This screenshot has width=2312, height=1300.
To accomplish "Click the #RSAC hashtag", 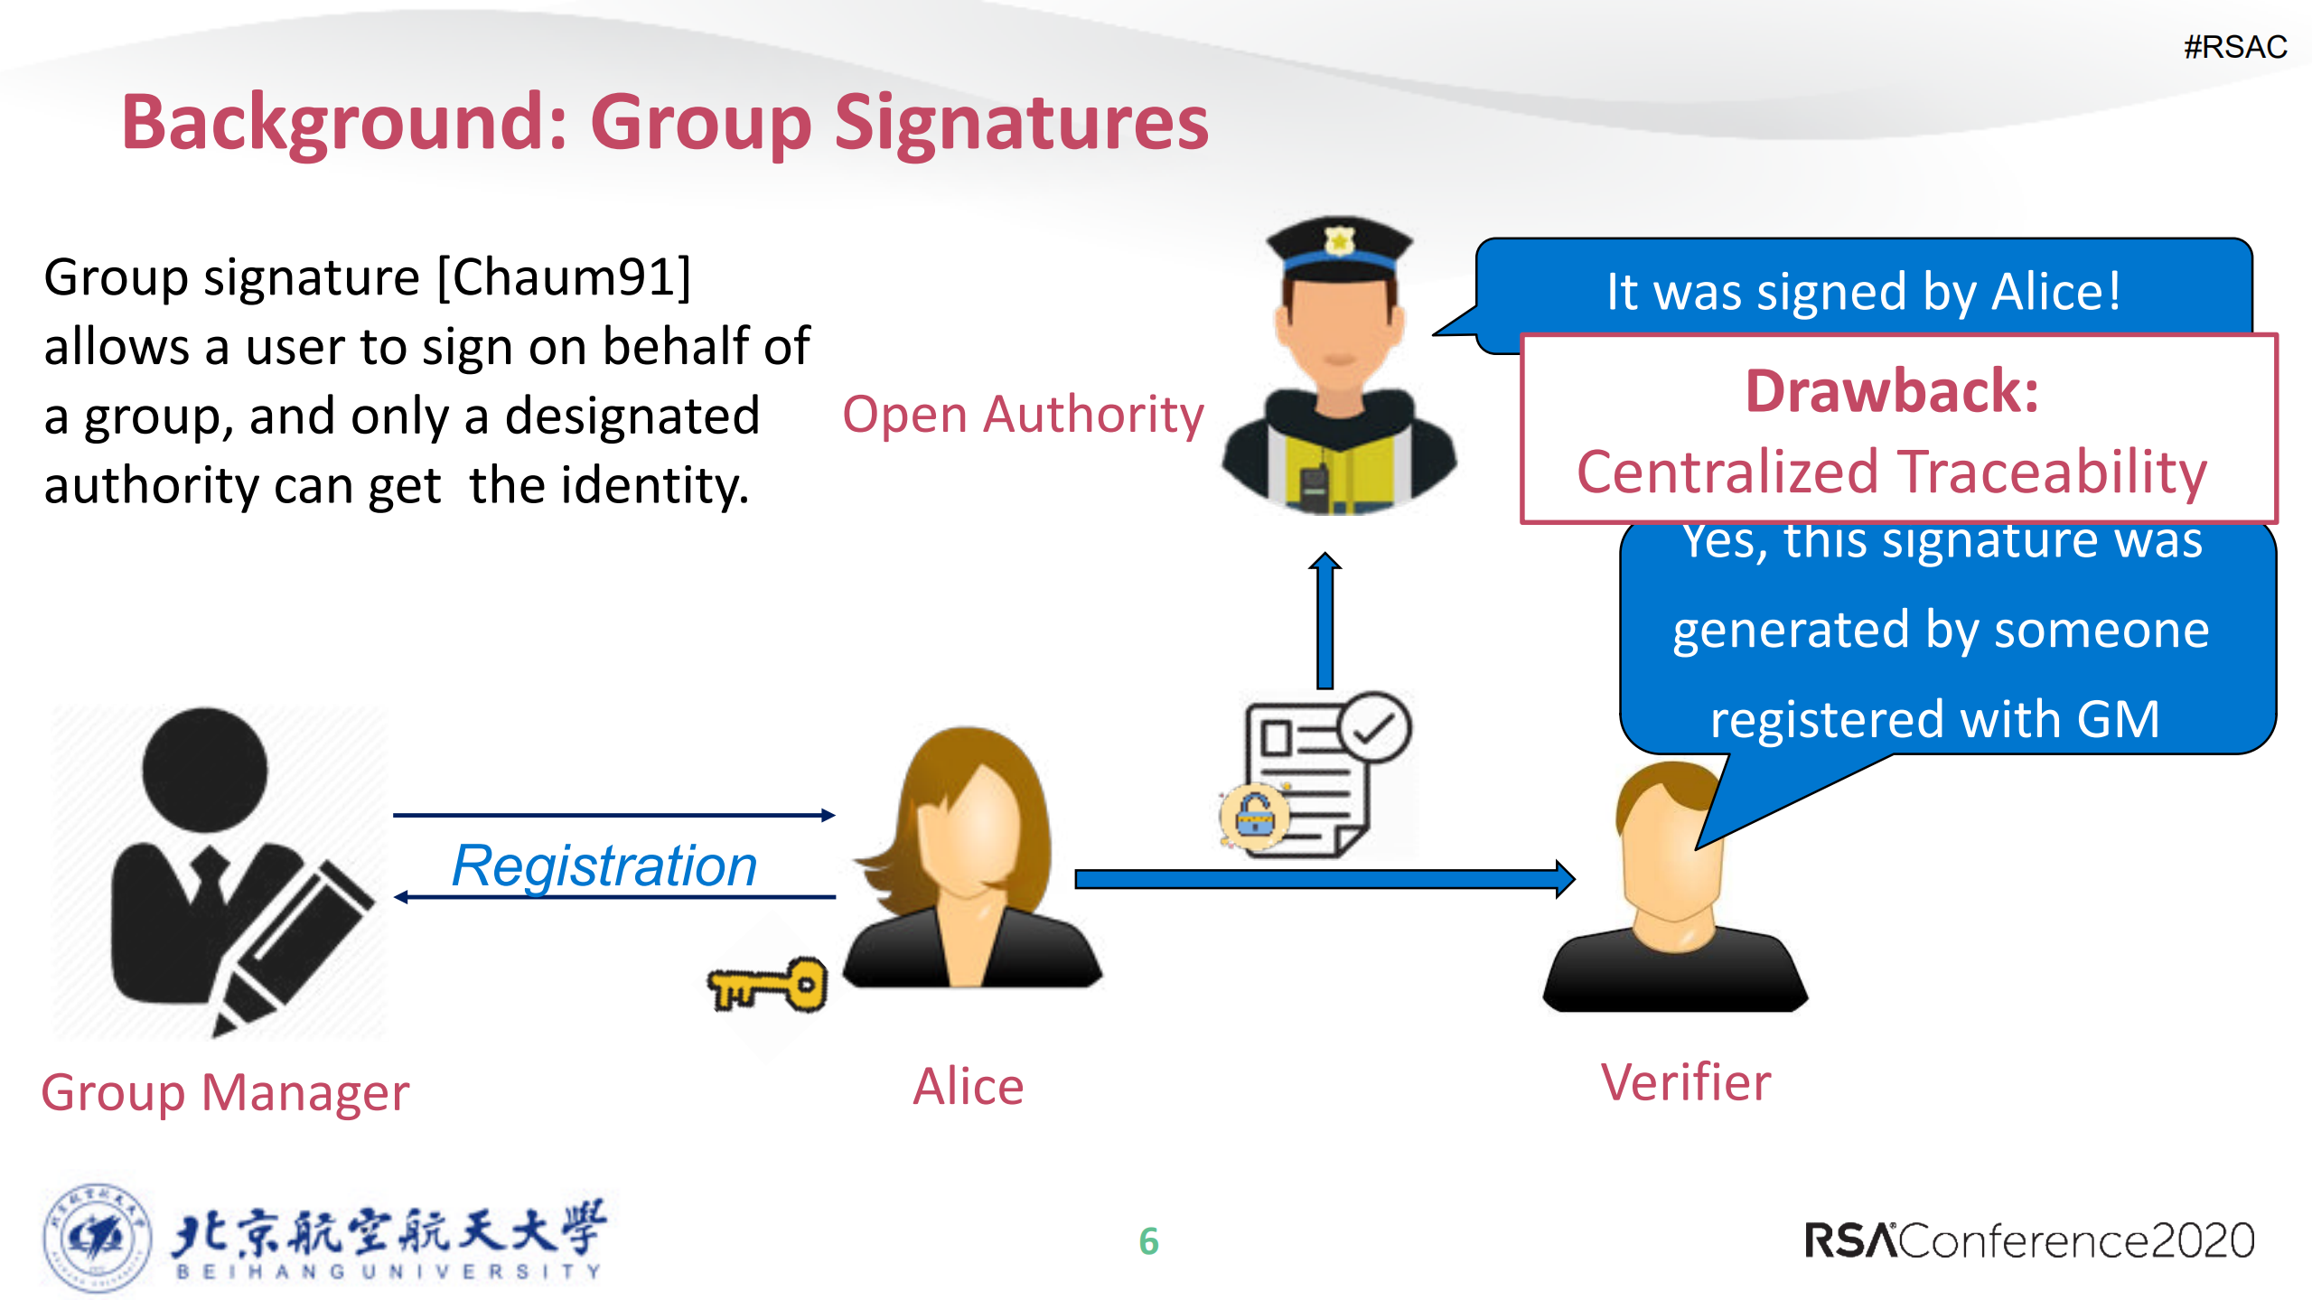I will [2234, 47].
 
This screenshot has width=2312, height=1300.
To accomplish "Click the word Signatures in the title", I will [1021, 124].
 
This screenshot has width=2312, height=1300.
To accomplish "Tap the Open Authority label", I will [1023, 416].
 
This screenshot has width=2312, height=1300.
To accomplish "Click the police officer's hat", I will [1339, 245].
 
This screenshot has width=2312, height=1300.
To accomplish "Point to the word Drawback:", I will [1892, 392].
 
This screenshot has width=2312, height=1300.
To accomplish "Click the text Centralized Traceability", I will [1892, 472].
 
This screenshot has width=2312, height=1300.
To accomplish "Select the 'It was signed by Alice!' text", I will [1863, 292].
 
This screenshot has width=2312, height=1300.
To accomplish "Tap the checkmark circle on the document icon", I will [1374, 727].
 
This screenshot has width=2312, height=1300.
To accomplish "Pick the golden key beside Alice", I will [768, 986].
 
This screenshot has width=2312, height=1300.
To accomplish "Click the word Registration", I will [604, 866].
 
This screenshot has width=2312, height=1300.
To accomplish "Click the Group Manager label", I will [225, 1092].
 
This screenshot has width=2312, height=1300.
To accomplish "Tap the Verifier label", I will [1686, 1082].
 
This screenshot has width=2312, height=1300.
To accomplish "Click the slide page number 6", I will [1148, 1241].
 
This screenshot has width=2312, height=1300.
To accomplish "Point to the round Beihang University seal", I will [97, 1239].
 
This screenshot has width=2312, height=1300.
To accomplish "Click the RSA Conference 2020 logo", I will [2029, 1240].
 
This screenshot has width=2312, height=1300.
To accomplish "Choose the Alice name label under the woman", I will [968, 1086].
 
